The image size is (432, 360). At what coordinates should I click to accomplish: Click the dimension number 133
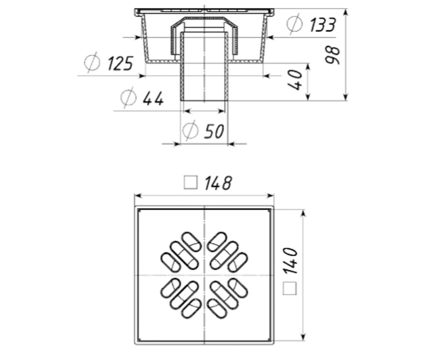[x=323, y=24]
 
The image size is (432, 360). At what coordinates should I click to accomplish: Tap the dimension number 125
[x=120, y=63]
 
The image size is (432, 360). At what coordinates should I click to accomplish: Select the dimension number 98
[x=332, y=55]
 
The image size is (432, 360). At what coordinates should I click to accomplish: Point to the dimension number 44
[x=153, y=99]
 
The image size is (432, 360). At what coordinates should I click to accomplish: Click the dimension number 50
[x=214, y=131]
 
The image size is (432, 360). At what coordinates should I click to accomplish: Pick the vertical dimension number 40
[x=295, y=80]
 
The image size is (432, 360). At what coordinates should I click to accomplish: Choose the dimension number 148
[x=218, y=183]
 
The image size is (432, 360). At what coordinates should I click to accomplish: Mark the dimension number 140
[x=290, y=261]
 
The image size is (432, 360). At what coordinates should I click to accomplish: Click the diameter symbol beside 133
[x=294, y=24]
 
